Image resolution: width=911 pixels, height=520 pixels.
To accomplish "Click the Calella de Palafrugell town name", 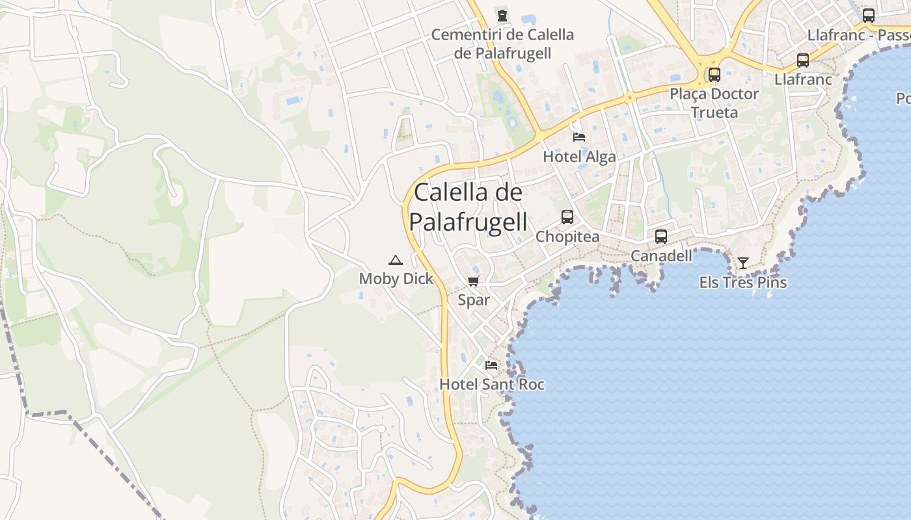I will (468, 207).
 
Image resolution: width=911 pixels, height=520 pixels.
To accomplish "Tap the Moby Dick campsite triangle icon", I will (395, 261).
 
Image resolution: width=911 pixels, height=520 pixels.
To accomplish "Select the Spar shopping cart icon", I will (474, 281).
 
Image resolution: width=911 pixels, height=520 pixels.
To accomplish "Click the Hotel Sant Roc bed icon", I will (491, 365).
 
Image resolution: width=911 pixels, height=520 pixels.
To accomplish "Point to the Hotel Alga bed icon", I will (579, 137).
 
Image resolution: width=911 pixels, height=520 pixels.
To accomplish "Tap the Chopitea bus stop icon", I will (567, 217).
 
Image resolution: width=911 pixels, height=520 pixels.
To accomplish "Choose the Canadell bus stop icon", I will (661, 237).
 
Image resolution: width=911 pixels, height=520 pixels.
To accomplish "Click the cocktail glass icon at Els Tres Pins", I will (743, 263).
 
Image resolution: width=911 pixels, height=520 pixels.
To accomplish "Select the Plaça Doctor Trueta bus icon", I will (714, 75).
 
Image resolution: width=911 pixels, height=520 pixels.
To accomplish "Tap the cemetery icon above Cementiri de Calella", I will (502, 15).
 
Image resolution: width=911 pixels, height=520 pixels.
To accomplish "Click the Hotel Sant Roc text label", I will (492, 384).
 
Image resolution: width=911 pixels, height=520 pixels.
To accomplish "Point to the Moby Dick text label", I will (396, 279).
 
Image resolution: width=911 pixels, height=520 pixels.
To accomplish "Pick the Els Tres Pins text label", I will (743, 283).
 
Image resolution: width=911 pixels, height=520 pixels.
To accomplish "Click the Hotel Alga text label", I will (579, 157).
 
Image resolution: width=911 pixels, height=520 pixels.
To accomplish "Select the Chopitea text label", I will (567, 237).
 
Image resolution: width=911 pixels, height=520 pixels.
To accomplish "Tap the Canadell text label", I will (662, 256).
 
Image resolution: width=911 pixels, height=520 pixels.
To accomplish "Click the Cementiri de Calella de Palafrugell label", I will (502, 44).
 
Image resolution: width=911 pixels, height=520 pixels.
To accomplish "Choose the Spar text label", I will (474, 300).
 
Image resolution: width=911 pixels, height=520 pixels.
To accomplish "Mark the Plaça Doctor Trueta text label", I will (714, 103).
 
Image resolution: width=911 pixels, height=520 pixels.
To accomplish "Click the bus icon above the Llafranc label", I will (803, 60).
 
